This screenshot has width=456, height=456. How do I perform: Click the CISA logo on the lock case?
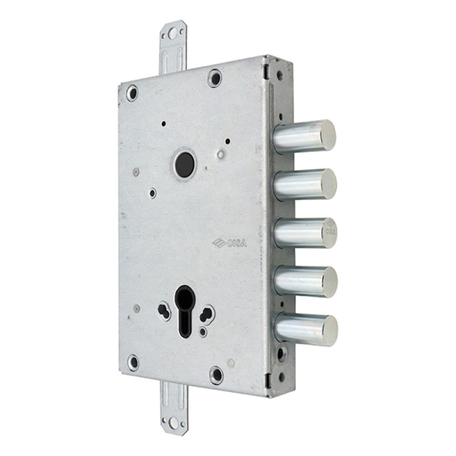point(229,243)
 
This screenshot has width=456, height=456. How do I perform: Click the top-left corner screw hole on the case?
point(132,91)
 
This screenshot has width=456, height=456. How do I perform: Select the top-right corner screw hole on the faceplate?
point(214,76)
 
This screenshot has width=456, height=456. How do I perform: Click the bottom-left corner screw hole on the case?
point(133,361)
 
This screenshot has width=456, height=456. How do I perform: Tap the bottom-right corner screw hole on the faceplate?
point(217,375)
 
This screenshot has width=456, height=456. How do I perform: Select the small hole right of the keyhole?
point(207,312)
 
